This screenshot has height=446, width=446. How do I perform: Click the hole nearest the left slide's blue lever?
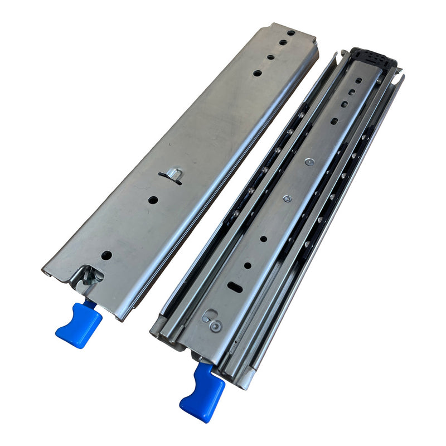pos(106,256)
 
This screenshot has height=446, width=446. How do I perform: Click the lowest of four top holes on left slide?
pos(257,73)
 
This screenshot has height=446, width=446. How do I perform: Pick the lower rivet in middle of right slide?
pos(287,198)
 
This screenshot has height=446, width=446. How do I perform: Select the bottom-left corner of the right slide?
pos(153,333)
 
